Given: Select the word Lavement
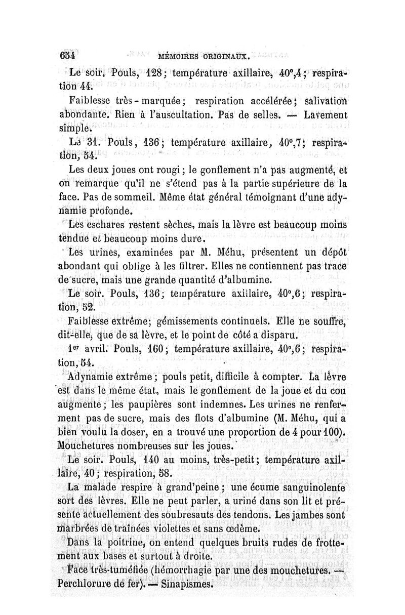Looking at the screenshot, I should point(326,115).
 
